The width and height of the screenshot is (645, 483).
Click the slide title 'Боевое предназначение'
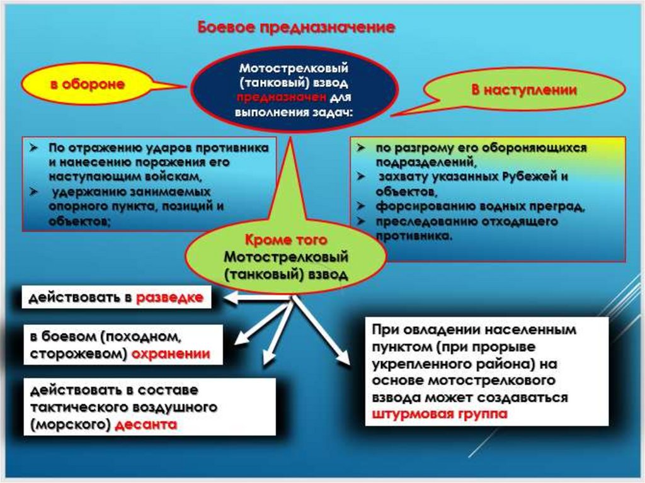pyautogui.click(x=297, y=27)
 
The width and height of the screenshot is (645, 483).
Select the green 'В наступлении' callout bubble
pyautogui.click(x=524, y=90)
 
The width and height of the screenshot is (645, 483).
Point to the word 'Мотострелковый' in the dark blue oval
pyautogui.click(x=294, y=67)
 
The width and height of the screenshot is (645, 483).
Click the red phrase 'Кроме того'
pyautogui.click(x=285, y=241)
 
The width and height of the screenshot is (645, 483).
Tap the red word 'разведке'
pyautogui.click(x=171, y=298)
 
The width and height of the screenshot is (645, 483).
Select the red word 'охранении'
pyautogui.click(x=170, y=354)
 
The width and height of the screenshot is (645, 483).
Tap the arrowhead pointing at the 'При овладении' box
pyautogui.click(x=343, y=360)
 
